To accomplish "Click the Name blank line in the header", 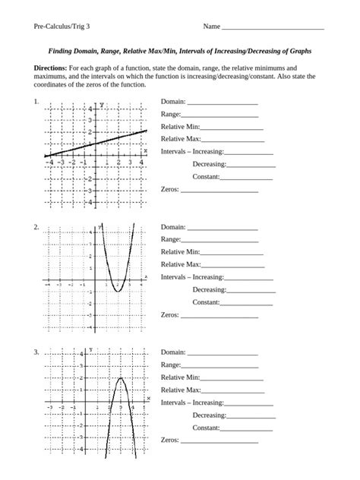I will pyautogui.click(x=273, y=28).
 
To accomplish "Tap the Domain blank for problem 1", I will pyautogui.click(x=222, y=103).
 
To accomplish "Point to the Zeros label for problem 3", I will pyautogui.click(x=169, y=440).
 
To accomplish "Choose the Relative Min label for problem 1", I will pyautogui.click(x=180, y=127).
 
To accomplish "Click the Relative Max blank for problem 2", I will pyautogui.click(x=233, y=265).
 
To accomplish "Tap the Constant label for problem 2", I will pyautogui.click(x=206, y=302).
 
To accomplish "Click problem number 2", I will pyautogui.click(x=36, y=227).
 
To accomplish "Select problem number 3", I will pyautogui.click(x=36, y=352).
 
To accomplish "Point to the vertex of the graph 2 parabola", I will pyautogui.click(x=118, y=291).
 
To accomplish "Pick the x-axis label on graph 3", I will pyautogui.click(x=148, y=399).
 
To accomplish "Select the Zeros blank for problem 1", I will pyautogui.click(x=226, y=190).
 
